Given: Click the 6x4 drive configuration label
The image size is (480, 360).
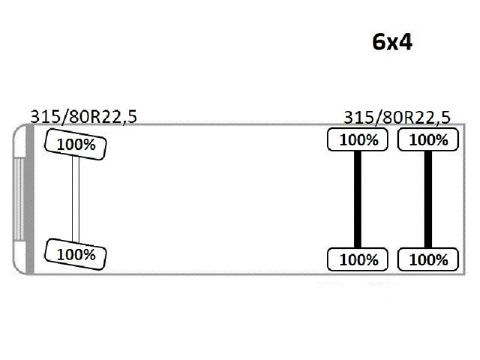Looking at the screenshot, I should point(392,41).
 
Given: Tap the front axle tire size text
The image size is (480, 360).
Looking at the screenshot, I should point(83,115).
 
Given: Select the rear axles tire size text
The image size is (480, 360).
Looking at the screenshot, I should point(397,116).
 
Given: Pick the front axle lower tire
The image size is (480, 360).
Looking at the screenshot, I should point(76,253).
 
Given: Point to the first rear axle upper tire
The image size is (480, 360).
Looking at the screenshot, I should point(358,139).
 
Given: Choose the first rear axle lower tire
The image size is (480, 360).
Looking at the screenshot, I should point(358,259).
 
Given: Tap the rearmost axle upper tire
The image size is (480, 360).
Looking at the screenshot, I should point(427,139).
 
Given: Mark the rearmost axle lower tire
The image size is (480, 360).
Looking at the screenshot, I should point(427,259).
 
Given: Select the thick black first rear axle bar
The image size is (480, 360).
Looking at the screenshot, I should point(358,199).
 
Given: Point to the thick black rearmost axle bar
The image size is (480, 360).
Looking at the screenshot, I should point(427,199).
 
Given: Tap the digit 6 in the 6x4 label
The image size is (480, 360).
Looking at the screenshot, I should point(379,41).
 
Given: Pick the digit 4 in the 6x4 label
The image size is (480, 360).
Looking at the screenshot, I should point(406,41).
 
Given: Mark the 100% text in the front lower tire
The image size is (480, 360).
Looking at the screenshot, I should point(76,254).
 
